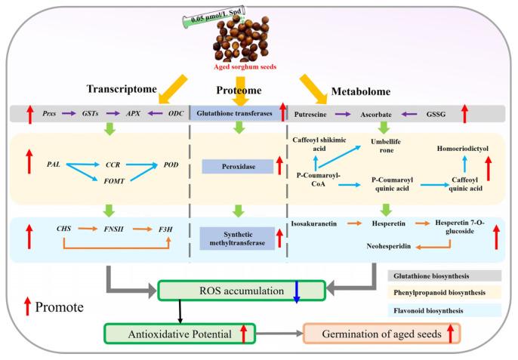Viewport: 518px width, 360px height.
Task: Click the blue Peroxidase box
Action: pyautogui.click(x=237, y=162)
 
